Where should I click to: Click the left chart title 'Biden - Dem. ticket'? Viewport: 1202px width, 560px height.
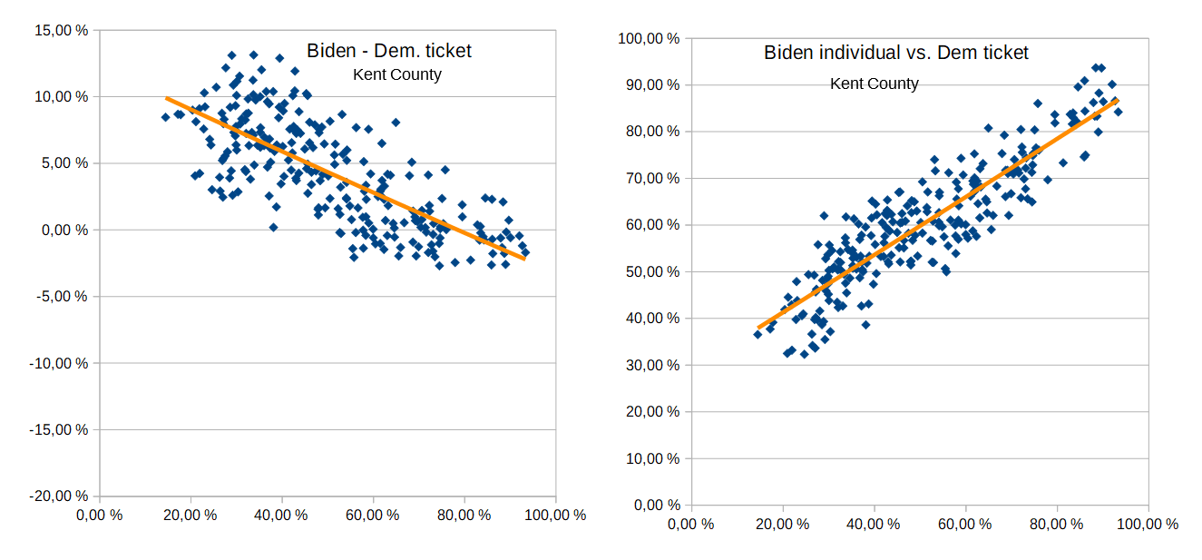(x=388, y=51)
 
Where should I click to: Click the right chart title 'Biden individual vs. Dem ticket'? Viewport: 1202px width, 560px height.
(x=896, y=53)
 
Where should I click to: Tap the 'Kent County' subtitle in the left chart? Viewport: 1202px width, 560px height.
(x=396, y=74)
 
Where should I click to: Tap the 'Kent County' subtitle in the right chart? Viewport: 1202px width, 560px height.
(x=875, y=84)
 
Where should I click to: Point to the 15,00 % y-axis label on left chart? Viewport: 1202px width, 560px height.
(x=61, y=30)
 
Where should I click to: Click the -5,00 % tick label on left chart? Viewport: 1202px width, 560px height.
(x=61, y=297)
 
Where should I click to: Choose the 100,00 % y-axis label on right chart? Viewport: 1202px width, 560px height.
(x=648, y=38)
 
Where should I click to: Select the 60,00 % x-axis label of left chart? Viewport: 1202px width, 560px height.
(x=373, y=515)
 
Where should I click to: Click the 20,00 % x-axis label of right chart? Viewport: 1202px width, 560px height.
(x=783, y=524)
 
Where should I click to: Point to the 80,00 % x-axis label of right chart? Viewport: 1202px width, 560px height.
(x=1057, y=524)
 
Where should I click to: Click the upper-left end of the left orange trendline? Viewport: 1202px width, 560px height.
(x=167, y=98)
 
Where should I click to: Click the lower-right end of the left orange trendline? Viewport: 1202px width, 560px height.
(x=523, y=259)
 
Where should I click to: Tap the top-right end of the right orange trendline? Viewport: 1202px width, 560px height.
(x=1117, y=101)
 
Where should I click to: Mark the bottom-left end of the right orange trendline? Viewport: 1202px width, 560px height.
(x=758, y=328)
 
